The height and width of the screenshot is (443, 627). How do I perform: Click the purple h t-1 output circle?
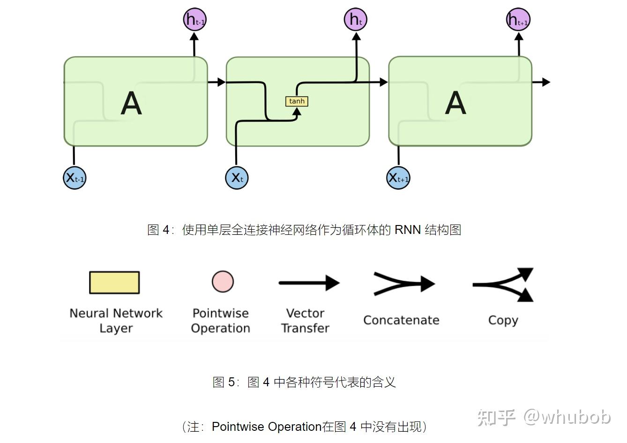point(194,20)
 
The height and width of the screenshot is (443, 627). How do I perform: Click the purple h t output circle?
point(356,20)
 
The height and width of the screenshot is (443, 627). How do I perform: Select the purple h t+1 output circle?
point(518,20)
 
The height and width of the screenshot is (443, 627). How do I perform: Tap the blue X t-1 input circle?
point(75,178)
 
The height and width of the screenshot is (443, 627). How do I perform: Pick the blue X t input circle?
point(237,178)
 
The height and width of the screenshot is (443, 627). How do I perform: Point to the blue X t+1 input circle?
point(398,178)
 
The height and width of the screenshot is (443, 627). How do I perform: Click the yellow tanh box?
point(297,101)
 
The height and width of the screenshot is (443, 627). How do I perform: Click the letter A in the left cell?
point(131,103)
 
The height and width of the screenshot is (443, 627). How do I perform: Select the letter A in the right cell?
point(455,103)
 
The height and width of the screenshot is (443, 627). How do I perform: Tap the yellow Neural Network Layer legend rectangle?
point(114,283)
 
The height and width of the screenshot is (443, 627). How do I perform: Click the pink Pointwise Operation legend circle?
point(222,282)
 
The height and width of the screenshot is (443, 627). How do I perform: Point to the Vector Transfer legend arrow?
point(309,283)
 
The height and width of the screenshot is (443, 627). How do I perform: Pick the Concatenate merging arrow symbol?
point(403,284)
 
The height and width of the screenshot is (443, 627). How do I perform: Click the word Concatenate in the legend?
point(401,320)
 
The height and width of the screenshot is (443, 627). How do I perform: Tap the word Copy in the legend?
point(503,320)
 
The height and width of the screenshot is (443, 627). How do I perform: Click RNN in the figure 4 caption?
point(407,230)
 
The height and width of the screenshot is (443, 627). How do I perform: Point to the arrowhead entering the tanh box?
point(296,112)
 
